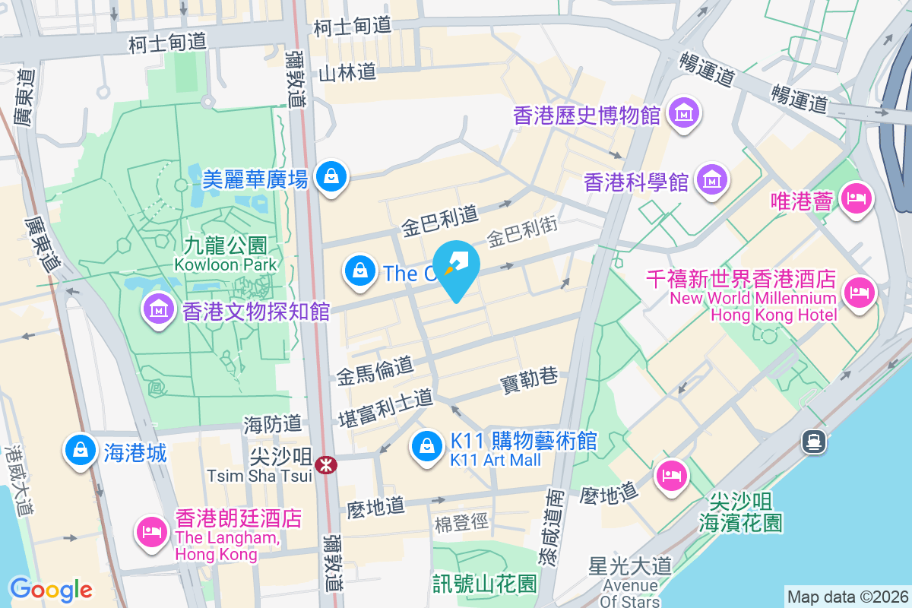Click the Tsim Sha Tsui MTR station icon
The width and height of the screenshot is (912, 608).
pos(327,464)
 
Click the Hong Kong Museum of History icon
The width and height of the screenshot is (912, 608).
pos(684,113)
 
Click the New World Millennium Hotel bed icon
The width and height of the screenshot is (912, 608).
pos(860,292)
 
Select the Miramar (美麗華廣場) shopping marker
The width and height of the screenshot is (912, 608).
pos(331,176)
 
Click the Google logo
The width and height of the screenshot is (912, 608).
pos(50,590)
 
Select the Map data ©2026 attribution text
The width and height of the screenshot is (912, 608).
pos(847,597)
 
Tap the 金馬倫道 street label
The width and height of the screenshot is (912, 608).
pos(375,370)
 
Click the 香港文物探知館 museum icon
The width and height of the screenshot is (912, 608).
pos(158,310)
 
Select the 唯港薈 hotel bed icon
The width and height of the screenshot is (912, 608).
pos(857,199)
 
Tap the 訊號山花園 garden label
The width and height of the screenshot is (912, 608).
pos(484,584)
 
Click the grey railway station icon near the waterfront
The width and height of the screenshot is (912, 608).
pos(814,440)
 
